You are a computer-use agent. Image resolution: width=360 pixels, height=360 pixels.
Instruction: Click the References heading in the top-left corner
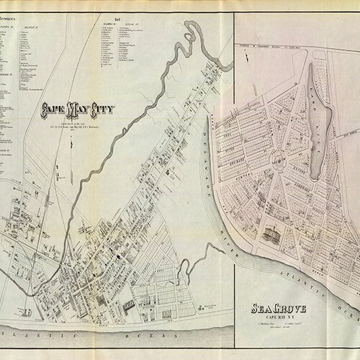click(x=14, y=12)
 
